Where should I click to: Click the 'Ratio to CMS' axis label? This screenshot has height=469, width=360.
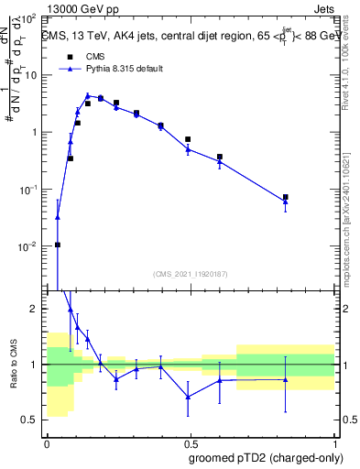[13, 365]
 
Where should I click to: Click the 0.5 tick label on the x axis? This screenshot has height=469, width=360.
[191, 442]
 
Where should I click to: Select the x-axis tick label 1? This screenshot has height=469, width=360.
[334, 442]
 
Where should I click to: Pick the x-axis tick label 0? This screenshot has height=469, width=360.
[47, 442]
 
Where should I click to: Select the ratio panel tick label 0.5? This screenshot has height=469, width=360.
[33, 420]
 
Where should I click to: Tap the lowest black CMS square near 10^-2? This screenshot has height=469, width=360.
[58, 245]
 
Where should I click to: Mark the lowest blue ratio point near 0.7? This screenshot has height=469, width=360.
[188, 397]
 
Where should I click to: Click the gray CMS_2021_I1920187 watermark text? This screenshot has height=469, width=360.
[190, 274]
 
